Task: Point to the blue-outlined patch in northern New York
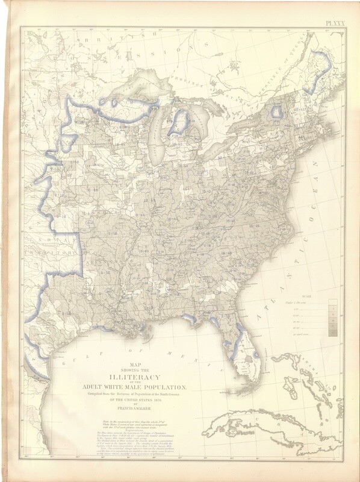(278, 112)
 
